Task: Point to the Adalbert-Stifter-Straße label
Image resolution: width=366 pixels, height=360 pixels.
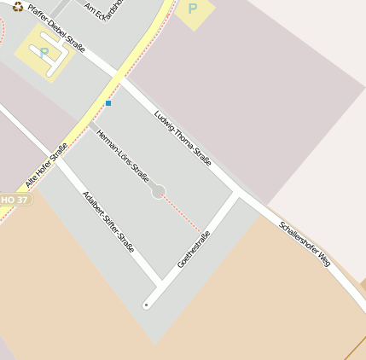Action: coord(108,221)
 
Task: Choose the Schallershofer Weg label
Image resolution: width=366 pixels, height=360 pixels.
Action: coord(305,246)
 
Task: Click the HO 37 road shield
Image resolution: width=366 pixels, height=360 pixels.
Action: coord(15,200)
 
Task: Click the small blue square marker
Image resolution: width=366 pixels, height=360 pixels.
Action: coord(108,103)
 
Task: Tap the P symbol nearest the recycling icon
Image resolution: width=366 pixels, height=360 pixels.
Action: coord(44,53)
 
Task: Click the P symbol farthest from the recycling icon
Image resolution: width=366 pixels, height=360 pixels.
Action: coord(193,9)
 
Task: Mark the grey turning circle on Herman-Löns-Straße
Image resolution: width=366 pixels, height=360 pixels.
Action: coord(158,192)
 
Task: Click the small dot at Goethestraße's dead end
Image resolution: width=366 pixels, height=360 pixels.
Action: coord(147,305)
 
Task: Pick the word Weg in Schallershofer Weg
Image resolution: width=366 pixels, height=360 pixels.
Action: coord(320,260)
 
